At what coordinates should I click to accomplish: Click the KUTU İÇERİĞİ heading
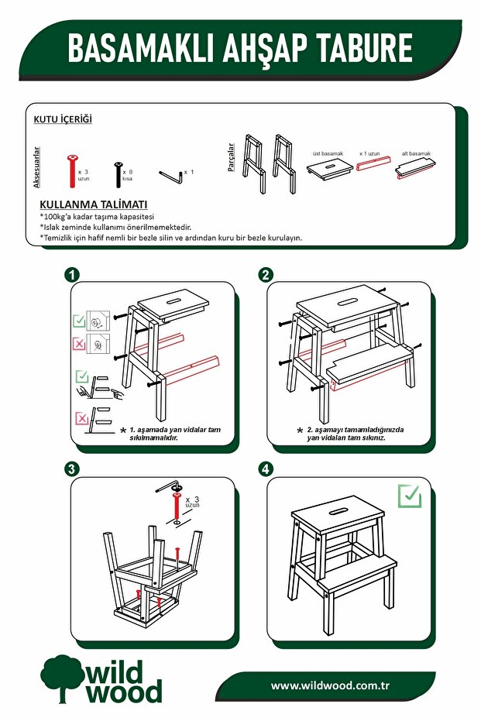[x=63, y=119]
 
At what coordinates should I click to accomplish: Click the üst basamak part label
[x=327, y=153]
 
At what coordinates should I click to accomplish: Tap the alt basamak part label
[x=416, y=153]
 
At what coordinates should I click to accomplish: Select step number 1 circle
[x=71, y=276]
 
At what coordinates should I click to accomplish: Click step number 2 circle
[x=266, y=276]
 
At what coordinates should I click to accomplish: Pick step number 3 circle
[x=71, y=469]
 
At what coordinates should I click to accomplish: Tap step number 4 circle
[x=266, y=469]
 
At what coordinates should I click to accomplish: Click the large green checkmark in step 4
[x=409, y=496]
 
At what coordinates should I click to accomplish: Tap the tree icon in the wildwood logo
[x=61, y=675]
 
